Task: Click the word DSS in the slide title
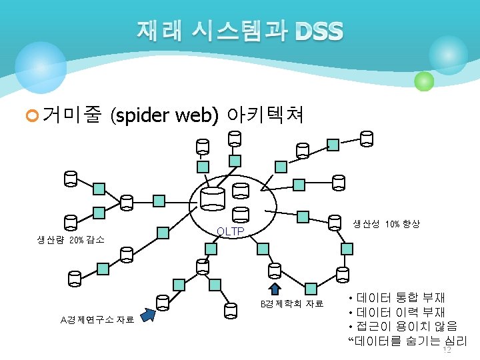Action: point(319,31)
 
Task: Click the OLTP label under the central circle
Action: point(231,232)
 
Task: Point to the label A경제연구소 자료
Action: point(97,319)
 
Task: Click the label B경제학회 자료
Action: point(291,304)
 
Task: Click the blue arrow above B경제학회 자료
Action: point(274,287)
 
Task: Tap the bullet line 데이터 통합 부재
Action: point(400,298)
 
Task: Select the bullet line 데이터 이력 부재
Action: point(400,313)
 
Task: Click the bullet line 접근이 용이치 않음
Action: point(407,327)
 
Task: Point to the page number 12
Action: point(447,350)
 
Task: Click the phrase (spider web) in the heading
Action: point(165,117)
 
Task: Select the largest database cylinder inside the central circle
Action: point(213,197)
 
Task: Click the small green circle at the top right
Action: point(424,81)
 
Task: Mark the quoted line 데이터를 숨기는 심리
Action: point(408,341)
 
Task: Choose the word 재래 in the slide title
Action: point(158,31)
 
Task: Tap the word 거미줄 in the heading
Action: point(71,117)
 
